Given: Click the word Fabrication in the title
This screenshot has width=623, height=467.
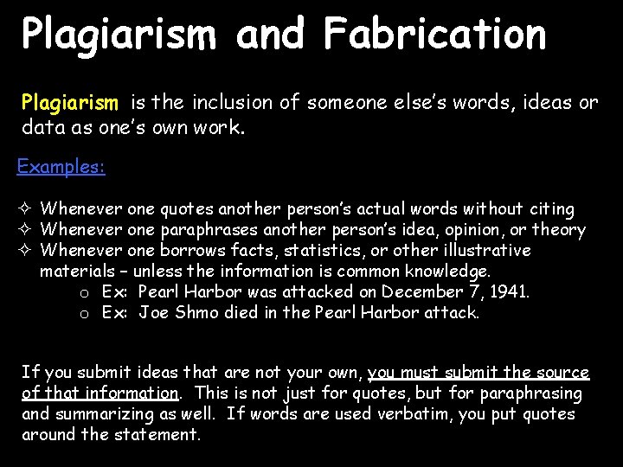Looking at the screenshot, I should (x=435, y=35).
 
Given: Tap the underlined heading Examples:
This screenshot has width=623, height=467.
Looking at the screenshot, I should (x=61, y=166).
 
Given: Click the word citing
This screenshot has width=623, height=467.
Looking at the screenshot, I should (x=551, y=209).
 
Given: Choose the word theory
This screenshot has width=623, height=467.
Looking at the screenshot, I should (x=559, y=230).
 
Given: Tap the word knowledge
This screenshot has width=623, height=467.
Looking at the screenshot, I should (x=445, y=272).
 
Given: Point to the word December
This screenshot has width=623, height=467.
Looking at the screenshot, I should (x=424, y=292).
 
